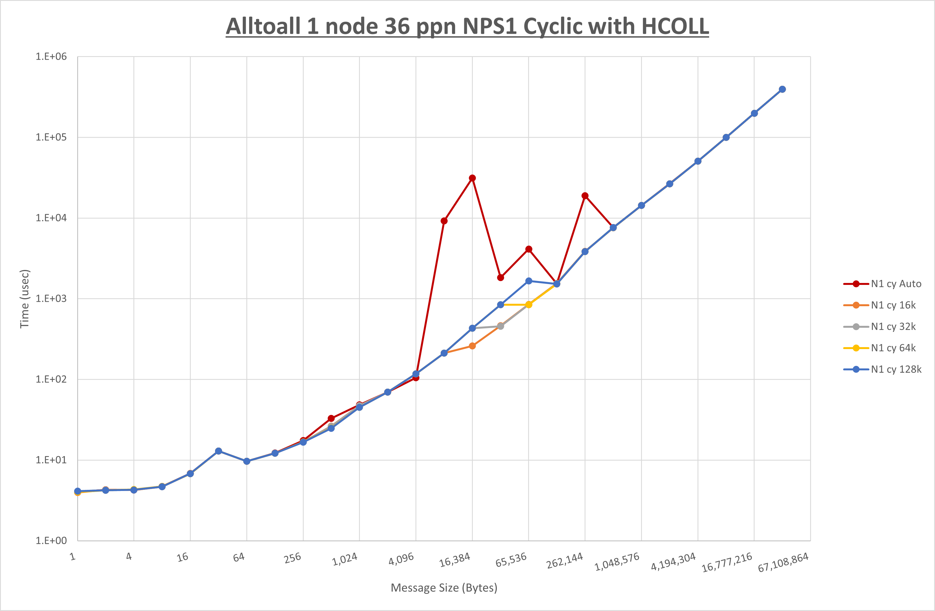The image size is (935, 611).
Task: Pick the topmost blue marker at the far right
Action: coord(782,90)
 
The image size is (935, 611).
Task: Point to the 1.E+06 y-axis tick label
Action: coord(51,56)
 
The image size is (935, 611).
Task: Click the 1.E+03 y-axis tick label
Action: coord(51,298)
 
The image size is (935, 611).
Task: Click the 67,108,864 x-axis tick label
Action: coord(783,563)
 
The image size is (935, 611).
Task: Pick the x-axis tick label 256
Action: coord(293,558)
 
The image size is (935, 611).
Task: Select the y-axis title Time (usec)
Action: coord(25,299)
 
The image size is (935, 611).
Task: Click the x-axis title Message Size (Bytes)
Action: coord(444,588)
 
